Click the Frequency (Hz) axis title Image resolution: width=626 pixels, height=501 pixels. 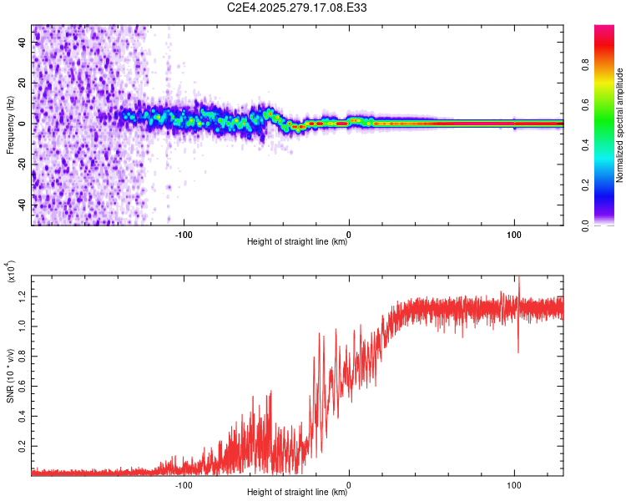tap(10, 125)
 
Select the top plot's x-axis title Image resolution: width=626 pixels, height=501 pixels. tap(297, 242)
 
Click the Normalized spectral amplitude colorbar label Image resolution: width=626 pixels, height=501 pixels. tap(619, 125)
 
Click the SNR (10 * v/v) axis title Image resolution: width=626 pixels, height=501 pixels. tap(10, 376)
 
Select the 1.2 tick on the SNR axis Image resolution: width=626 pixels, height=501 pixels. tap(23, 295)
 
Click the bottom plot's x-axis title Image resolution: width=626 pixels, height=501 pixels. tap(297, 493)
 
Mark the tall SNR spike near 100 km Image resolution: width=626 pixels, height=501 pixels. tap(518, 288)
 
